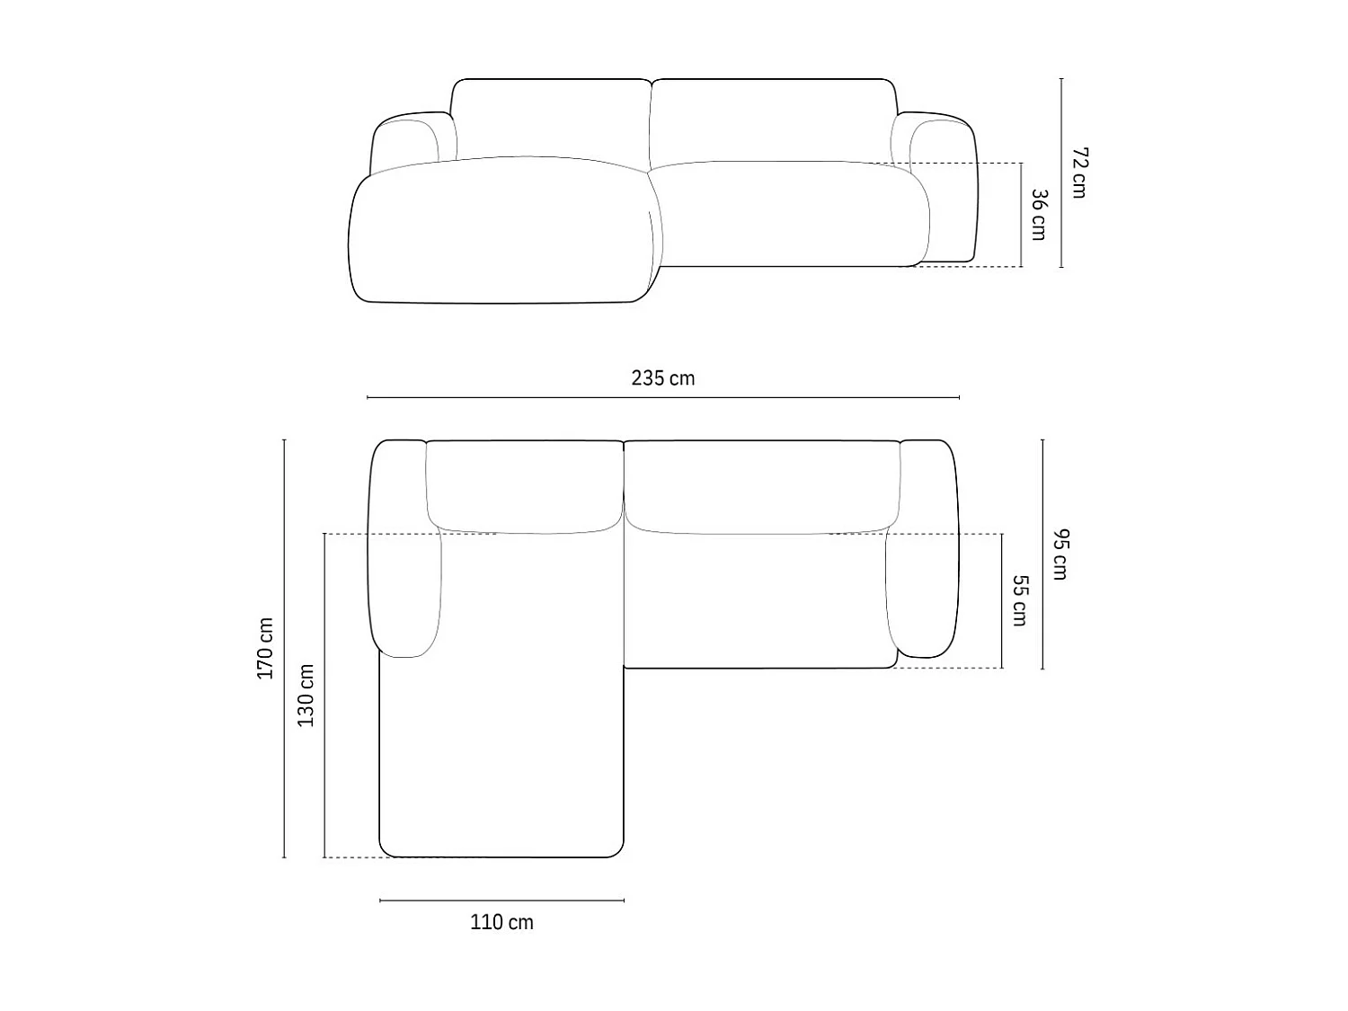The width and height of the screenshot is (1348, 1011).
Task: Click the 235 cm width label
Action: [662, 378]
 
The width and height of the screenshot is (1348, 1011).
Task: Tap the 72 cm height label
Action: [1079, 173]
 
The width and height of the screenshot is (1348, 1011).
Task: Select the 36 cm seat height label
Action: [1039, 214]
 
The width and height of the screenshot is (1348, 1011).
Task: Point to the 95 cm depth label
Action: [1060, 554]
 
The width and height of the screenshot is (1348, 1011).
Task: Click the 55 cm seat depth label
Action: [1019, 599]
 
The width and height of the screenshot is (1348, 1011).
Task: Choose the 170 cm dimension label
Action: [265, 648]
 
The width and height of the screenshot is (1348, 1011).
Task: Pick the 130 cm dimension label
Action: [306, 695]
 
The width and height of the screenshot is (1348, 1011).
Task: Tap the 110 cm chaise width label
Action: [501, 922]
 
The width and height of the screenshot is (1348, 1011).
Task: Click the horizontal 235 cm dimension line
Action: [662, 398]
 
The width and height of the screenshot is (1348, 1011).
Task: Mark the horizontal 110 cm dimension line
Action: [501, 900]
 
